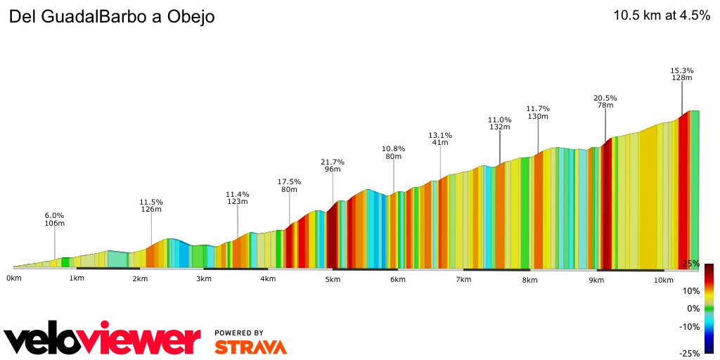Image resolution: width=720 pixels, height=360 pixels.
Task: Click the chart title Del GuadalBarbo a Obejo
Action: point(111,17)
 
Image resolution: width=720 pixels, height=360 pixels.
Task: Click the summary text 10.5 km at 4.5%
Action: point(662,15)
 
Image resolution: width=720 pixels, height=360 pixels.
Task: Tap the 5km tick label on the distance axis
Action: point(333,280)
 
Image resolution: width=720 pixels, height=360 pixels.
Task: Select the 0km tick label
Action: point(14,278)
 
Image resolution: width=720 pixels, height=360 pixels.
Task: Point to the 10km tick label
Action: point(662,280)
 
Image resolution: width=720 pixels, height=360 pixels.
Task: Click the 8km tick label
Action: point(529,280)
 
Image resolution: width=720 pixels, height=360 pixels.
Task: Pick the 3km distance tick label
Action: point(204,279)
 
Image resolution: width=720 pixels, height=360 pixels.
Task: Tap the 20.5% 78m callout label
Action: point(605,101)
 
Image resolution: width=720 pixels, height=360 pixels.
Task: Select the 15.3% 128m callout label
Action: point(682,74)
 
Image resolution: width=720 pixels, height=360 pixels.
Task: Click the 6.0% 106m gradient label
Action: point(54,219)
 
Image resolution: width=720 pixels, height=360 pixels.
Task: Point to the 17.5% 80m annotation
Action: point(289,185)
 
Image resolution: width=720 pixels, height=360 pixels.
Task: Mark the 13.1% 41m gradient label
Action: point(440,139)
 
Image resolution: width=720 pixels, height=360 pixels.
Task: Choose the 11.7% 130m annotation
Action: point(538,112)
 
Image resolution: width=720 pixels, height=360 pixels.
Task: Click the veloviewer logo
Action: point(103,341)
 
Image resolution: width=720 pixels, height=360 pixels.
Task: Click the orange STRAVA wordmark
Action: point(250,347)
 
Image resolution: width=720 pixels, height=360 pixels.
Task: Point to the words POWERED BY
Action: point(239,333)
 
